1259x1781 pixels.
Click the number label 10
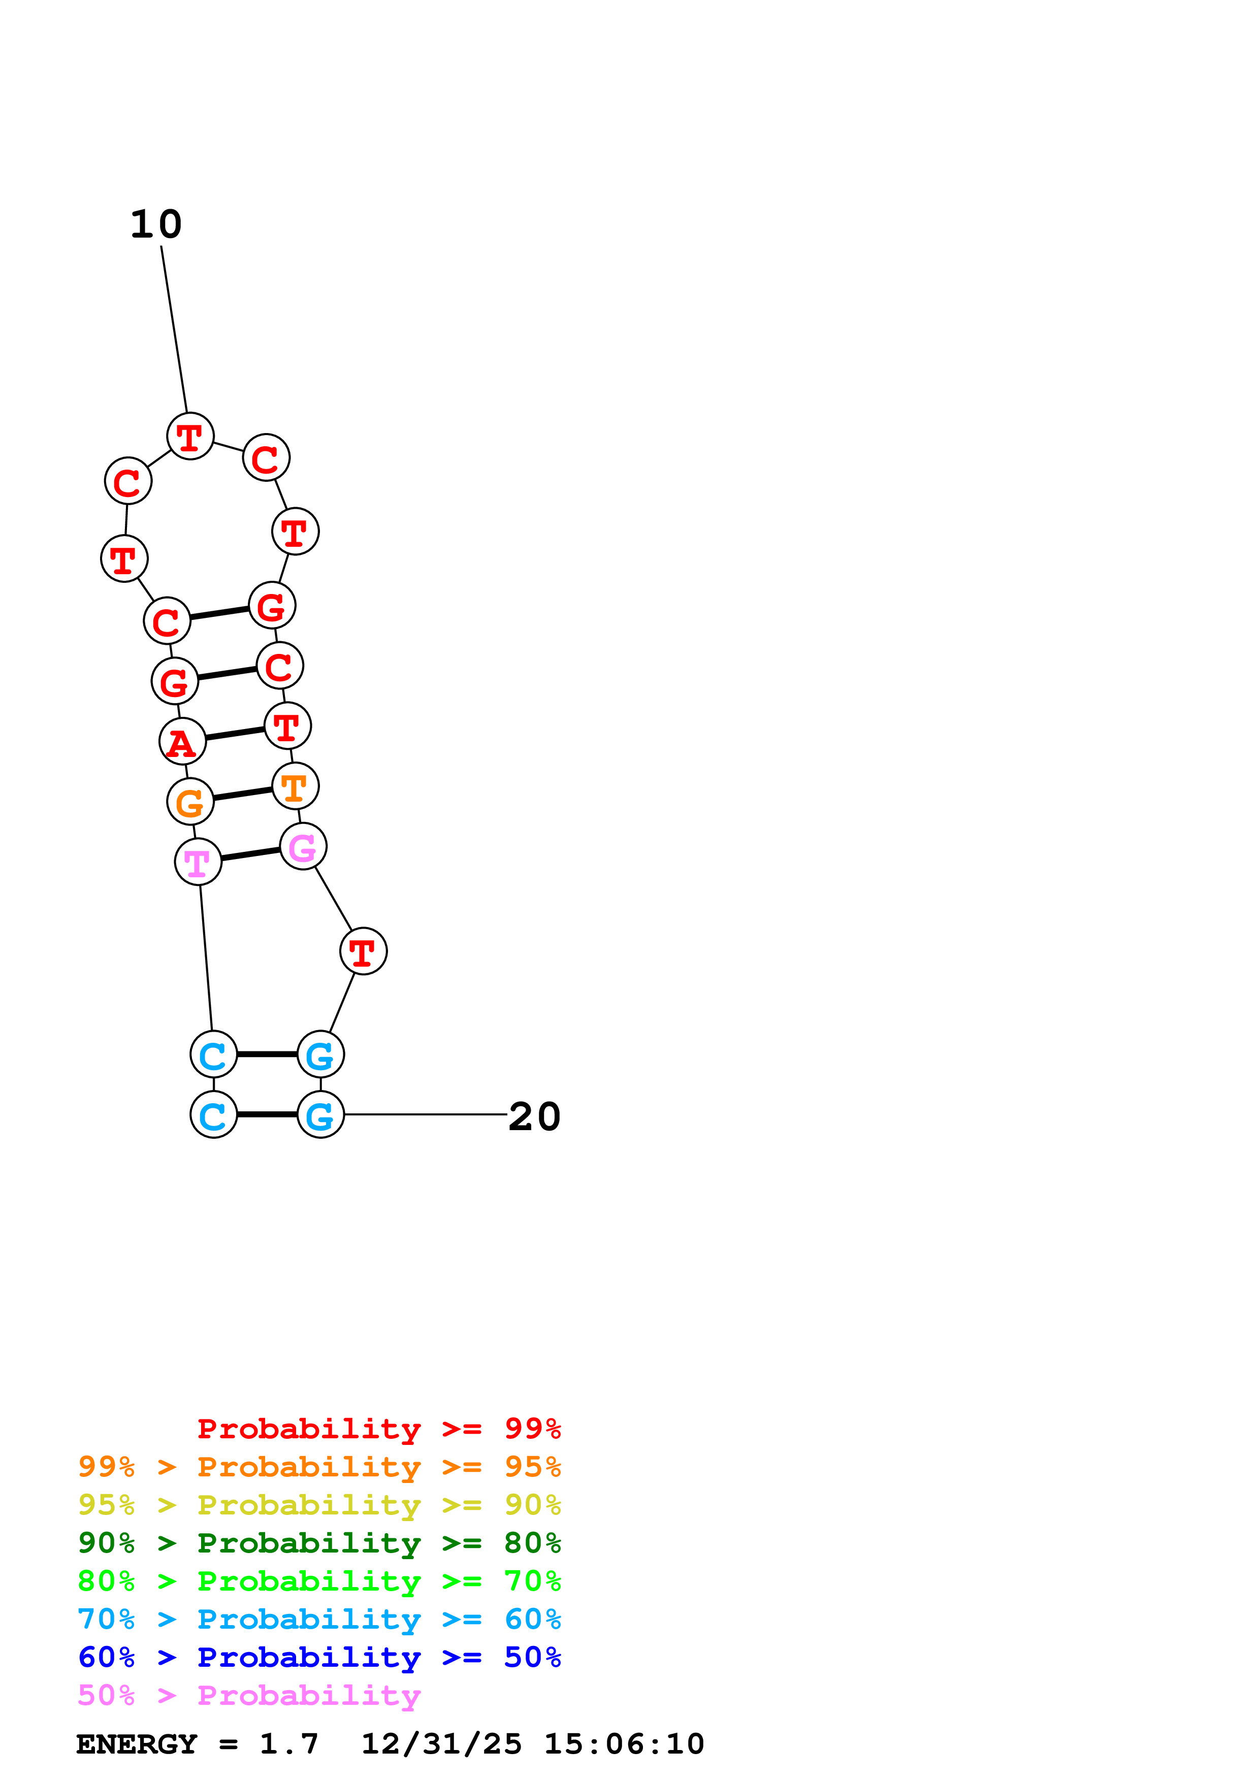[156, 225]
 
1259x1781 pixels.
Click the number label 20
[534, 1117]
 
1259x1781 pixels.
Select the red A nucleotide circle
[182, 742]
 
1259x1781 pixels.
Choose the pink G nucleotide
[303, 846]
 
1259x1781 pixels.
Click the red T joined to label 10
[190, 436]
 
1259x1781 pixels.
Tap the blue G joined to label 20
[320, 1115]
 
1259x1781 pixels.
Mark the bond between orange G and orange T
[243, 794]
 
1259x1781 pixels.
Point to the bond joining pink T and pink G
[250, 854]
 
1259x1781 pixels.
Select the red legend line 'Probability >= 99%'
[378, 1429]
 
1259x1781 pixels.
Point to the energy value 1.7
[288, 1744]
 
